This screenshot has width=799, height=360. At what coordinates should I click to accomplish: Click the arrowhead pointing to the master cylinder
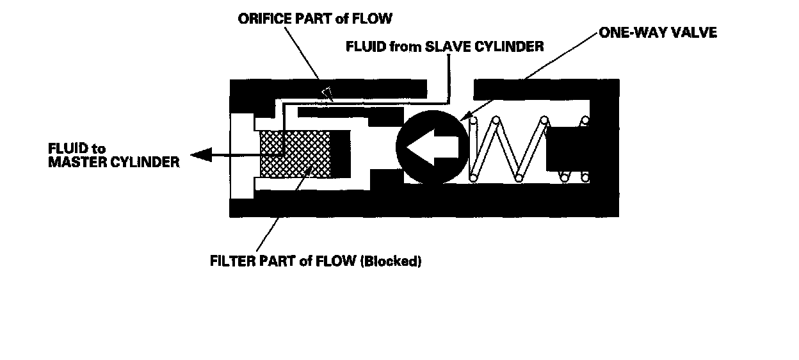200,155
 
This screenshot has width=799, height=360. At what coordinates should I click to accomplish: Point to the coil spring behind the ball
506,149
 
